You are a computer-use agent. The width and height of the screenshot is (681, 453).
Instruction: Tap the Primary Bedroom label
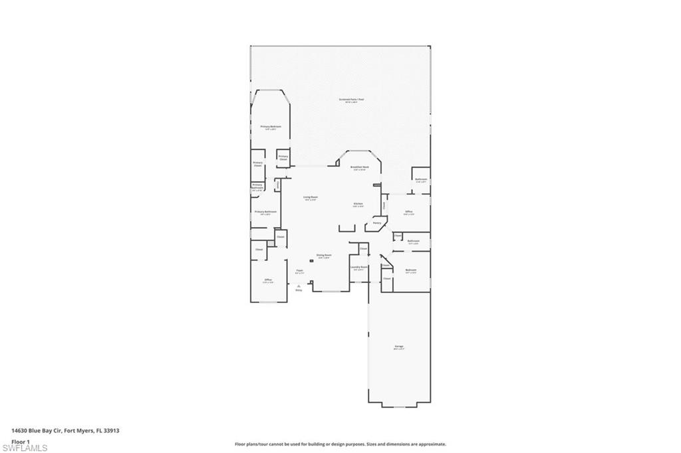click(x=270, y=127)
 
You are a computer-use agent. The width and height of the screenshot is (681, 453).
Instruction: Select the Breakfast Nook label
click(x=360, y=167)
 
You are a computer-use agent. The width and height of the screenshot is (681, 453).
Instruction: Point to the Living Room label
click(x=310, y=198)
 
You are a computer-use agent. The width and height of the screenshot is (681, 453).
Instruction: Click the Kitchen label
click(x=358, y=204)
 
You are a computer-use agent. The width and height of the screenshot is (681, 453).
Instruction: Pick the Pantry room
click(x=376, y=223)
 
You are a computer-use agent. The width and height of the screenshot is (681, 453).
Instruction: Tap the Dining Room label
click(x=324, y=256)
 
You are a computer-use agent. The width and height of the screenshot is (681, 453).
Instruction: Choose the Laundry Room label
click(x=359, y=268)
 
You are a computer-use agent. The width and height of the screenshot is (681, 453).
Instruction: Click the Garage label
click(x=399, y=347)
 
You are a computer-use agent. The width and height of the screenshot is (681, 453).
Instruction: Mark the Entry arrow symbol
click(x=299, y=286)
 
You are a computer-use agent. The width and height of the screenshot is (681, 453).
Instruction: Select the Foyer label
click(x=299, y=271)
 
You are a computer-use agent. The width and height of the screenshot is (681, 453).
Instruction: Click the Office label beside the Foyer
click(x=268, y=280)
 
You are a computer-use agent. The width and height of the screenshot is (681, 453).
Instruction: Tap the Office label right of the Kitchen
click(x=409, y=212)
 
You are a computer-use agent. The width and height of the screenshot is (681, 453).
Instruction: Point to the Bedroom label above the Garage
click(x=411, y=270)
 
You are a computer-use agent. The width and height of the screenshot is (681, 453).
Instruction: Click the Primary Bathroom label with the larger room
click(x=264, y=213)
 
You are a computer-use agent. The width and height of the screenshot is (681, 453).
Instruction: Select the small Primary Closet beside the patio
click(x=283, y=158)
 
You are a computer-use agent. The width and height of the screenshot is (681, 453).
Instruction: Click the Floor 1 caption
click(x=20, y=441)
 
